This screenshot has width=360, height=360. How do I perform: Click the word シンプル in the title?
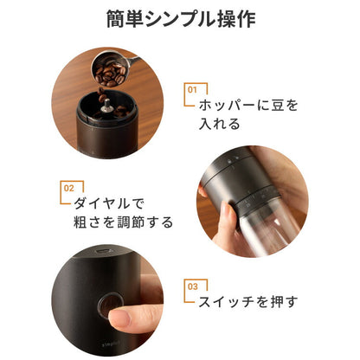[179, 19]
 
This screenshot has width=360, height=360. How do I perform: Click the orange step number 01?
[192, 88]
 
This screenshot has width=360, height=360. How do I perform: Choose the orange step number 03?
[193, 285]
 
